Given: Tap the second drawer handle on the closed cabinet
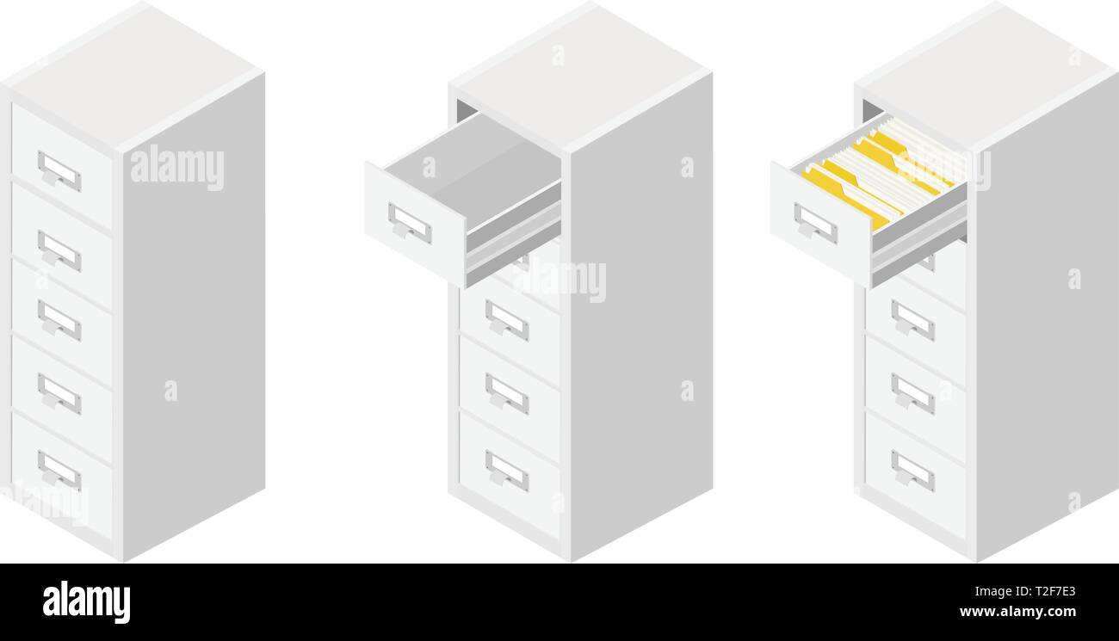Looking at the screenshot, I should point(59,250).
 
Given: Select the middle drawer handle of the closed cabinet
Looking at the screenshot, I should point(59,319).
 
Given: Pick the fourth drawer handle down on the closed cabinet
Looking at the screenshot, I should point(59,393).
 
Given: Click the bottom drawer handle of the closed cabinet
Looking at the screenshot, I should point(59,471).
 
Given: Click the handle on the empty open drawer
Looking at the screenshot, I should point(409,223).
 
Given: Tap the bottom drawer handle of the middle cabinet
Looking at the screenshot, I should point(506,471).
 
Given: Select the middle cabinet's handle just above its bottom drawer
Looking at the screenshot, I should point(506,393).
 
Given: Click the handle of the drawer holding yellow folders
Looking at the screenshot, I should point(814,223).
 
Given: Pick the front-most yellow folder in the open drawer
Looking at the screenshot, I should point(848,197).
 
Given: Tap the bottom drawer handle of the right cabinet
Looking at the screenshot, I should point(912,471).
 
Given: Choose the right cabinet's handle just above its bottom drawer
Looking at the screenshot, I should point(912,393).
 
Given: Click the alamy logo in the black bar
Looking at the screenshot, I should point(86,601).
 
